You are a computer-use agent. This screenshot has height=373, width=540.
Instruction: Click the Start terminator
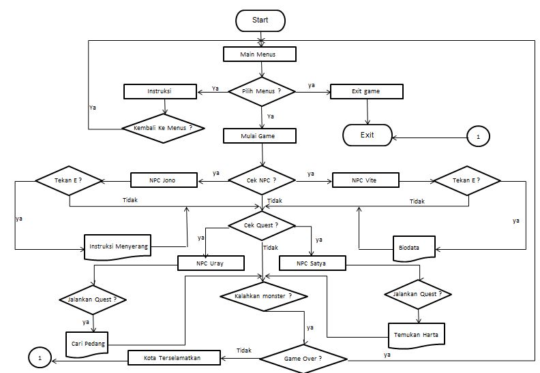click(x=260, y=20)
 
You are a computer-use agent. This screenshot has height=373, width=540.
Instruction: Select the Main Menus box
click(x=259, y=54)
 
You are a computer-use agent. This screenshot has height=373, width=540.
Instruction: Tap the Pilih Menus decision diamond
click(x=261, y=91)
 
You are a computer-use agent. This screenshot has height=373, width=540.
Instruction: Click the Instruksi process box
click(x=159, y=91)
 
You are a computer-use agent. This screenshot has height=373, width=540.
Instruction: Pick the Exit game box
click(x=367, y=91)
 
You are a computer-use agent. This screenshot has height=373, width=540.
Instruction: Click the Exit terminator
click(x=367, y=135)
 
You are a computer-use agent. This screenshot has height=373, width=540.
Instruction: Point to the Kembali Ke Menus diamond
click(x=164, y=127)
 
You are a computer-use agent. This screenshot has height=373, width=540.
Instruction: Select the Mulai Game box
click(x=259, y=135)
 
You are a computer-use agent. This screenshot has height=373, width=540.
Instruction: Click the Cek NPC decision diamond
click(x=262, y=181)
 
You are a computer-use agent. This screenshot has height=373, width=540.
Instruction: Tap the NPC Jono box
click(x=164, y=181)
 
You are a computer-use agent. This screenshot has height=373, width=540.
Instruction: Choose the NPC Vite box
click(x=364, y=181)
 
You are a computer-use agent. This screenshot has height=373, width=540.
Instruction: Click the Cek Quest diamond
click(x=262, y=225)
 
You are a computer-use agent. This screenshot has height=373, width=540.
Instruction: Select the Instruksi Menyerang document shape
click(x=117, y=244)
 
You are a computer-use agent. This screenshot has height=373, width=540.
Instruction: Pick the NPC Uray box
click(x=211, y=263)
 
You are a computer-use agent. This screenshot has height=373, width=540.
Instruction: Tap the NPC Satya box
click(x=313, y=263)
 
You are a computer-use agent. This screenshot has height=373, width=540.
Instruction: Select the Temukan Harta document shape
click(x=416, y=334)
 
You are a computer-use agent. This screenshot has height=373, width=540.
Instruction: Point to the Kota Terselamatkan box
click(x=174, y=357)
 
